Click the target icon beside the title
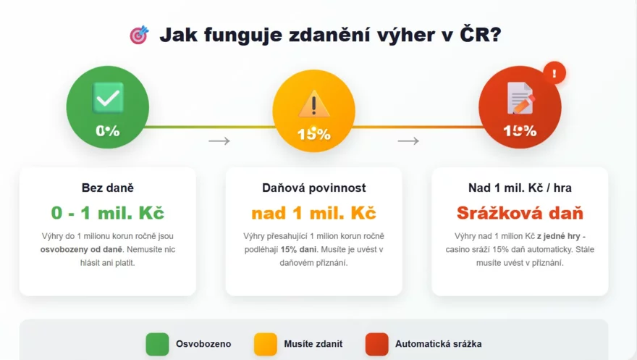139,35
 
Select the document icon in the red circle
520,98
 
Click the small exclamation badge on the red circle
554,73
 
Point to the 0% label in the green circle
108,131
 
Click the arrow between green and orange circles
219,141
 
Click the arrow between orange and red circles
408,141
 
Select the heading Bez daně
108,188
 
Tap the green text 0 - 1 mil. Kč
108,213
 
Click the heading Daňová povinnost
313,188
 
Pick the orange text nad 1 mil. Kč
313,213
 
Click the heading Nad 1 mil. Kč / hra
520,188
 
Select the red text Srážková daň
520,213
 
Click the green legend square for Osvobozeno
157,344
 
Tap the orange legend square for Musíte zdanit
265,344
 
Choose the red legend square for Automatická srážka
376,344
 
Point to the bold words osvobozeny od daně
73,249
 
